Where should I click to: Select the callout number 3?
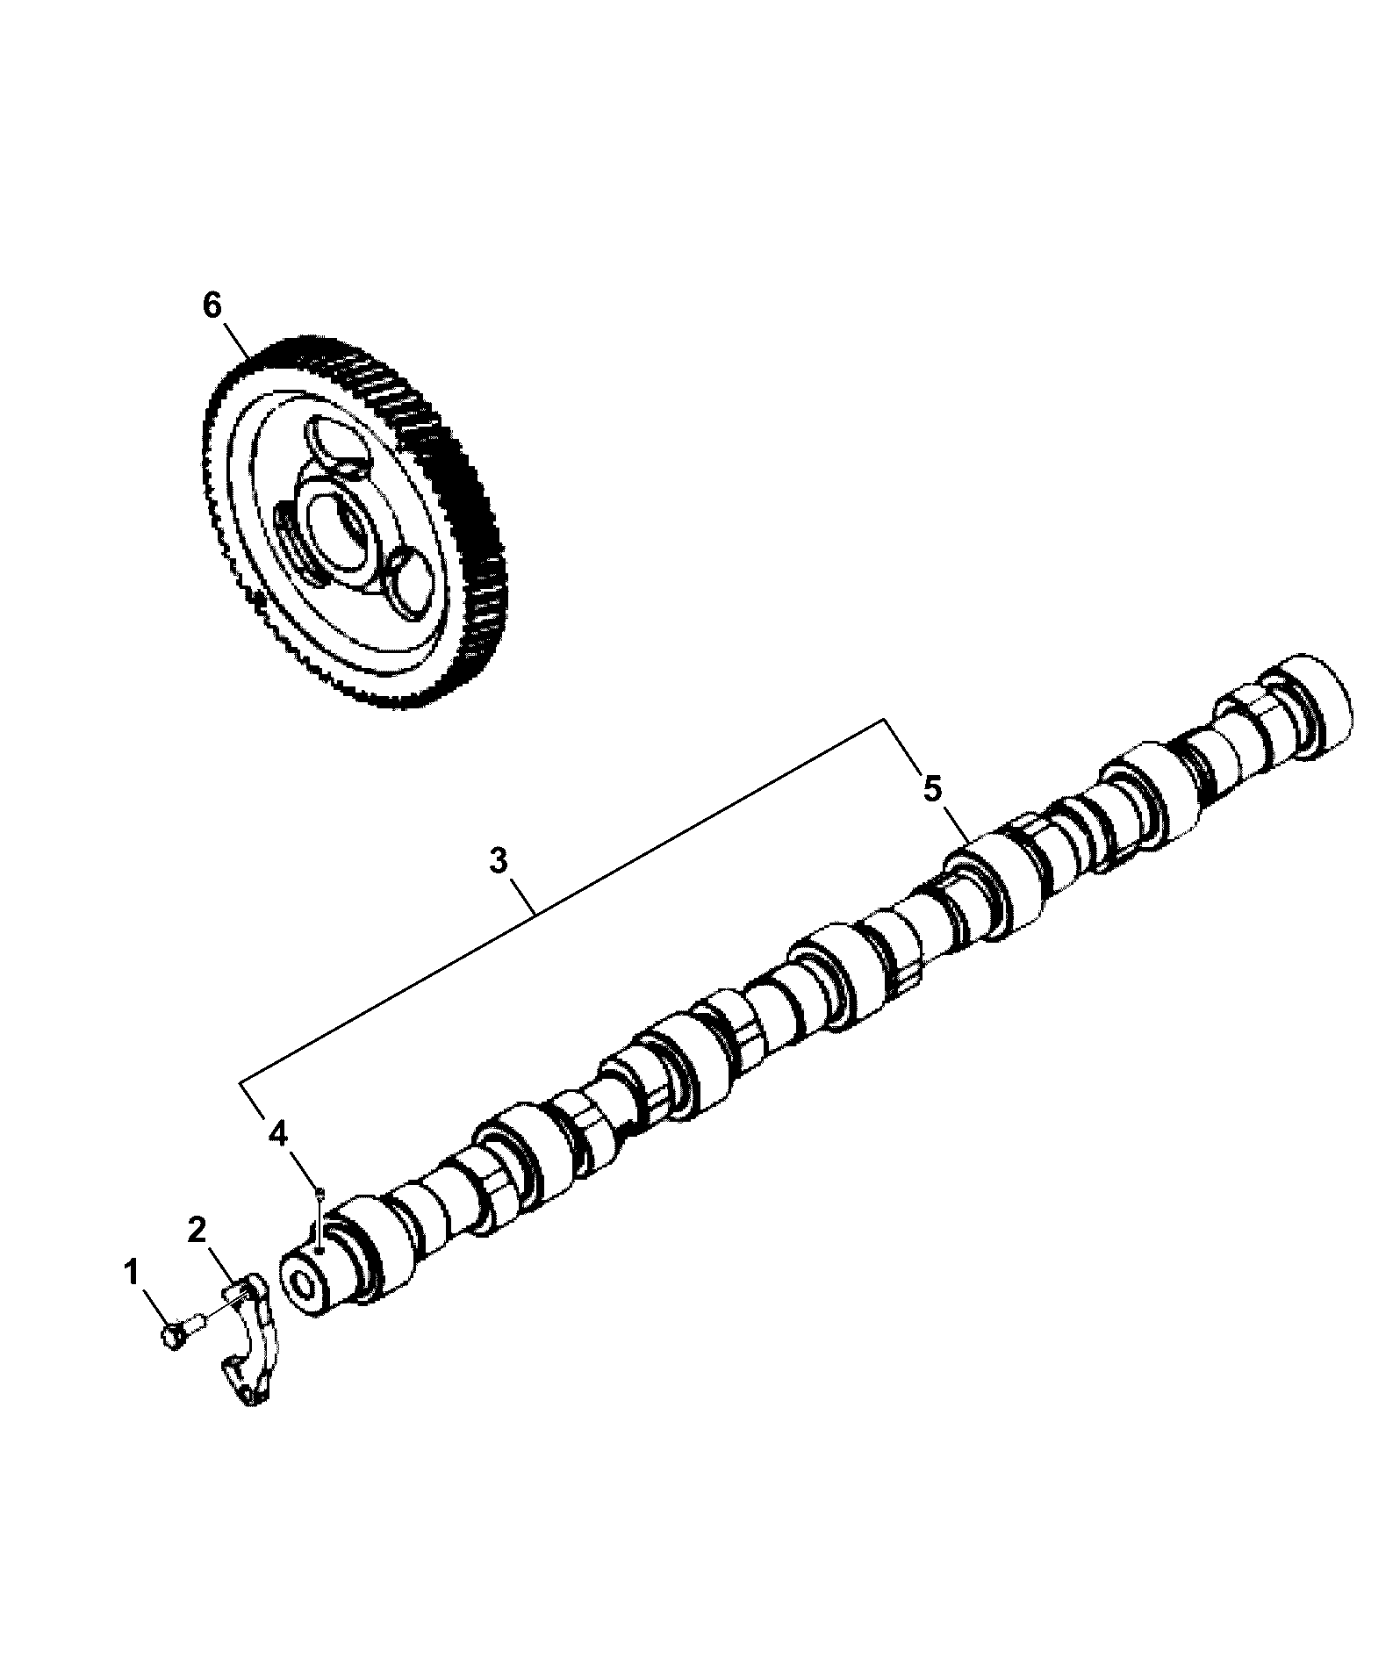coord(499,861)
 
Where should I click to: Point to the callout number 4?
coord(277,1134)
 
